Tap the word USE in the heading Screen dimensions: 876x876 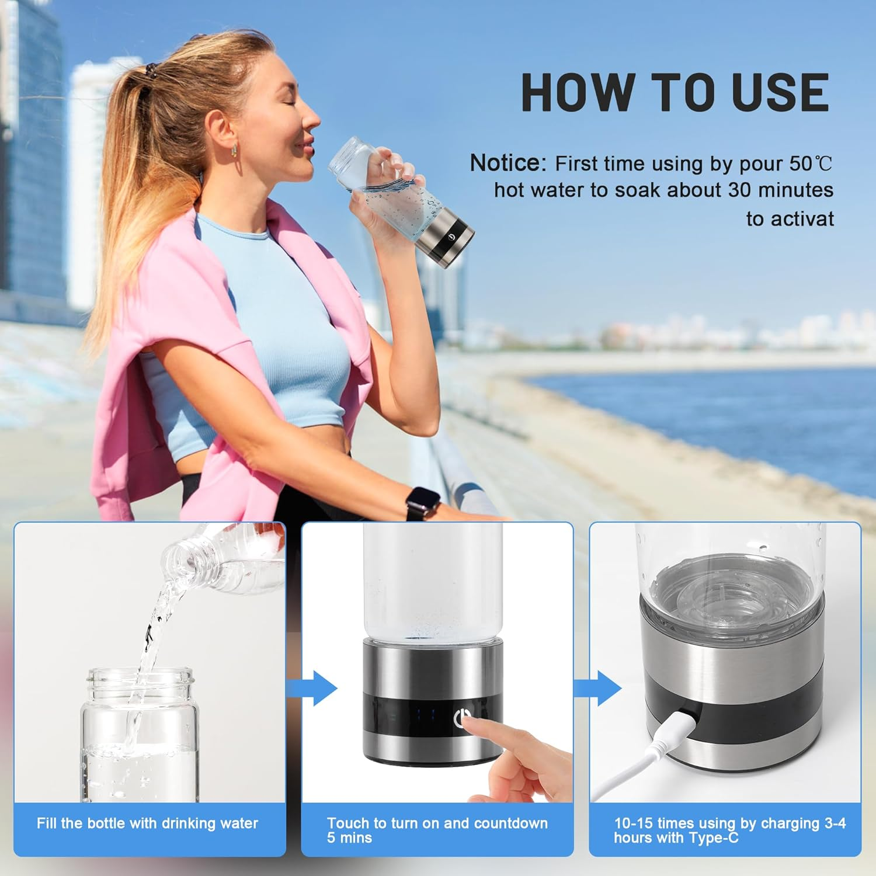coord(780,92)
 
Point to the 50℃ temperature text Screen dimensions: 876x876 coord(812,164)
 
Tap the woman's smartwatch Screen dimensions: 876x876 coord(422,502)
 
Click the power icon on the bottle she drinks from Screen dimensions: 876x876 coord(451,237)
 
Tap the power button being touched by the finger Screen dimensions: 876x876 coord(463,717)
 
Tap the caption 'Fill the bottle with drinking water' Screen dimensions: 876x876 coord(147,823)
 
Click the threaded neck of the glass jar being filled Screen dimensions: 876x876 coord(140,679)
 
